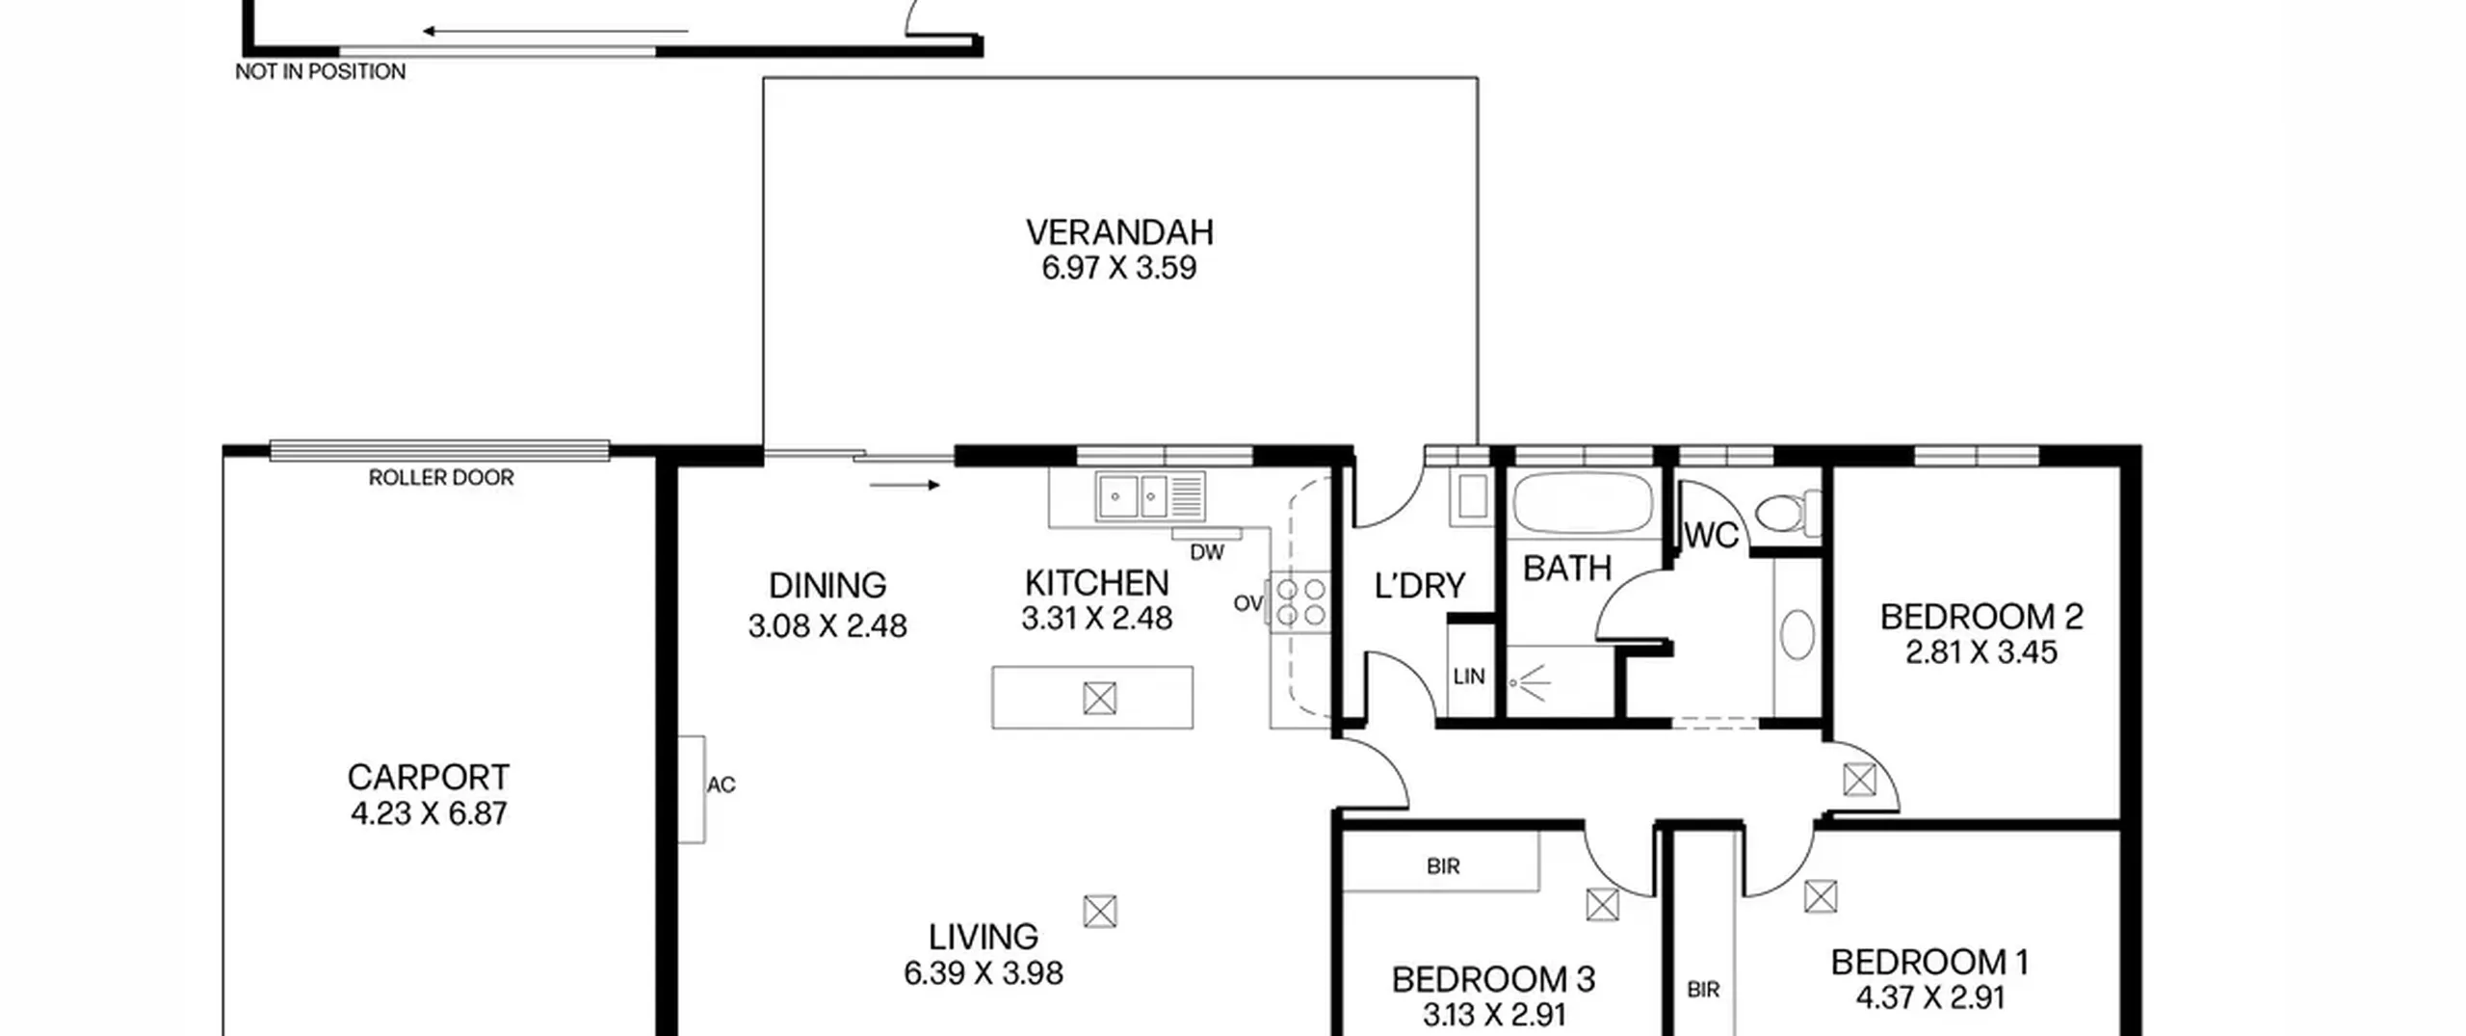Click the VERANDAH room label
[1119, 232]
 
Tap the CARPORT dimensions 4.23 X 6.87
[429, 813]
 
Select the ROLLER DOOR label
[441, 477]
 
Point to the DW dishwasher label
[1207, 552]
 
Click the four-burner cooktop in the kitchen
[1299, 601]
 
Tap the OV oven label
[1248, 603]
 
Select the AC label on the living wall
[721, 785]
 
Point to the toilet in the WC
[1788, 513]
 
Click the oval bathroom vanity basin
[1797, 635]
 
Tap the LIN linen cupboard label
[1469, 677]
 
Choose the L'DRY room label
[1420, 585]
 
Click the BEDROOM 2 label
[1981, 617]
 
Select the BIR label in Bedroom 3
[1443, 866]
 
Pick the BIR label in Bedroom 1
[1703, 990]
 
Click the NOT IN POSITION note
[321, 71]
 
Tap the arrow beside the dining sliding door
[905, 485]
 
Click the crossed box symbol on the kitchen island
[1099, 698]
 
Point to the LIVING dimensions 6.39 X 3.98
[984, 973]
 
